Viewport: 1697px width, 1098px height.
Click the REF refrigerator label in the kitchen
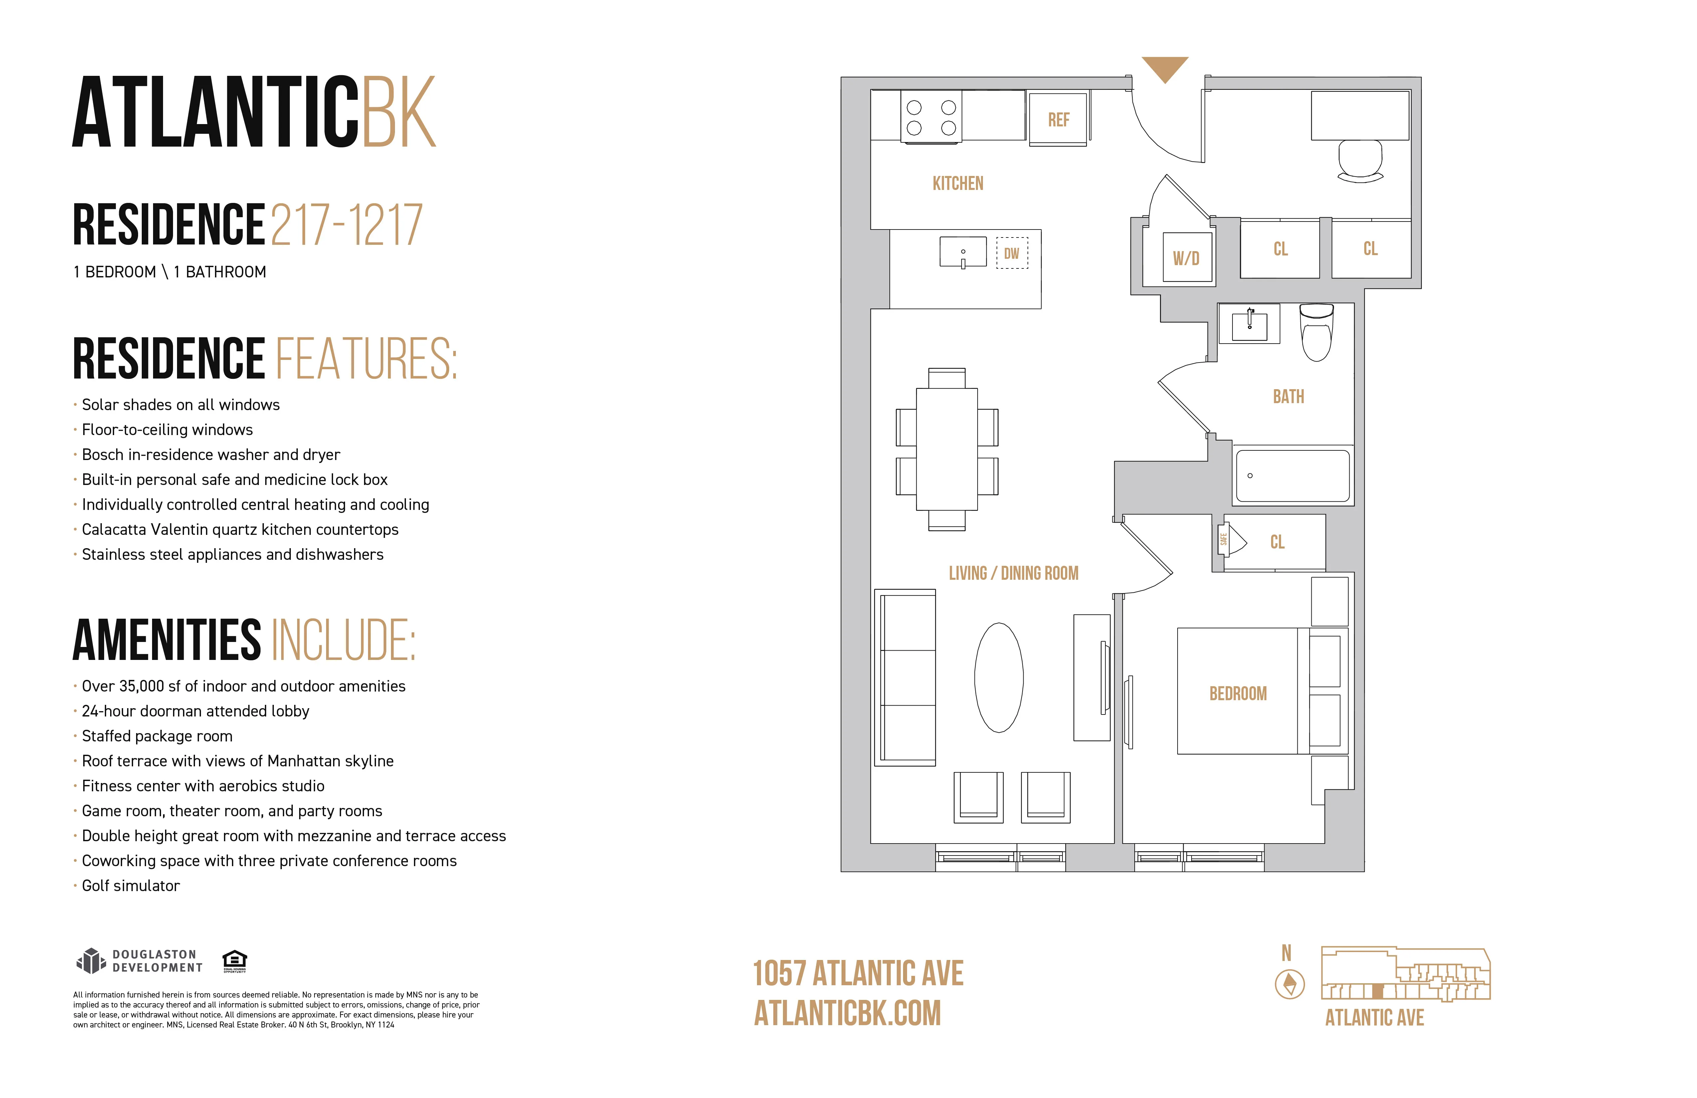1058,120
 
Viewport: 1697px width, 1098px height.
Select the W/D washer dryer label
1186,258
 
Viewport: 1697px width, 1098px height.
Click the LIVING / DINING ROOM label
1013,573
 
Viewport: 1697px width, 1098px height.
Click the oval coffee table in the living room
999,677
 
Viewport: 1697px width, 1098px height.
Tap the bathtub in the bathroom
1292,476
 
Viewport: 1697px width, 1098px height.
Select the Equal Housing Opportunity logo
235,960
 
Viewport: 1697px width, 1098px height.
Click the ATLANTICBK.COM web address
847,1013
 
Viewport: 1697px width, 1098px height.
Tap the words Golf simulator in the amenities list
130,885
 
